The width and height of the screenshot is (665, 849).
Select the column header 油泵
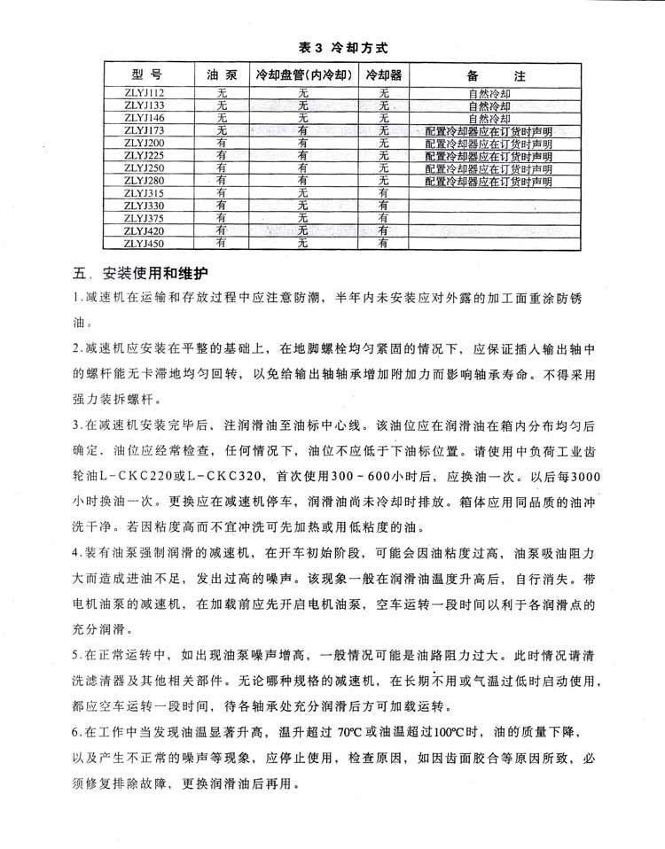click(220, 75)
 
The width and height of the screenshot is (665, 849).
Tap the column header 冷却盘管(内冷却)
click(303, 75)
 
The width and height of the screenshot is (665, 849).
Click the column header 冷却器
click(383, 75)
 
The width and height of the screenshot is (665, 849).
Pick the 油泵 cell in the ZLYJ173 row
click(222, 130)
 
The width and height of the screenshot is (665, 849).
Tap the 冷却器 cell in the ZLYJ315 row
click(384, 192)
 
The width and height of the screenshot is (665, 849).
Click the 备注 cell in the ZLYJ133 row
click(489, 105)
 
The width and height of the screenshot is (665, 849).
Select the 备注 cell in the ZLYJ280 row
click(489, 181)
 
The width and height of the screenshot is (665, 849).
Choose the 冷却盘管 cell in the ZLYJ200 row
click(303, 143)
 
